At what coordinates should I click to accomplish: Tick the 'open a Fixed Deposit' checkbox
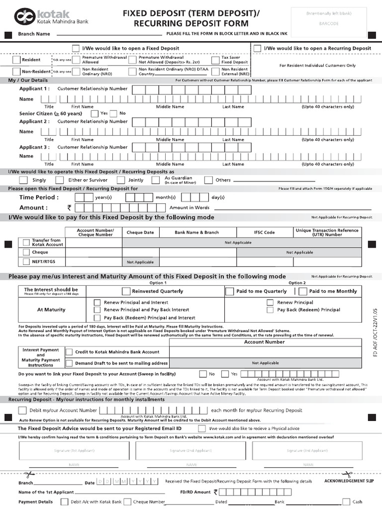click(76, 48)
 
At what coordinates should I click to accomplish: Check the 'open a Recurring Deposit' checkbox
click(257, 48)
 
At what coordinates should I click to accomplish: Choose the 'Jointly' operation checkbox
click(121, 180)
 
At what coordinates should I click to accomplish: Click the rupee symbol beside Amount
click(69, 208)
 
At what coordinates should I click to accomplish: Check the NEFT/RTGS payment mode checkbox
click(26, 261)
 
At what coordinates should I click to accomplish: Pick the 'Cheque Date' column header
click(140, 232)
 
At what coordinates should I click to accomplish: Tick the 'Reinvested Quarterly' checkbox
click(127, 291)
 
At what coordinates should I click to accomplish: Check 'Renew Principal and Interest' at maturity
click(97, 302)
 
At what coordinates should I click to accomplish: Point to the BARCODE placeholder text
click(329, 23)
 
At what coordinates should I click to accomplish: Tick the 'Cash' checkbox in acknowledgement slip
click(346, 502)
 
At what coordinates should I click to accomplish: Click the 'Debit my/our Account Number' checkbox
click(22, 410)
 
